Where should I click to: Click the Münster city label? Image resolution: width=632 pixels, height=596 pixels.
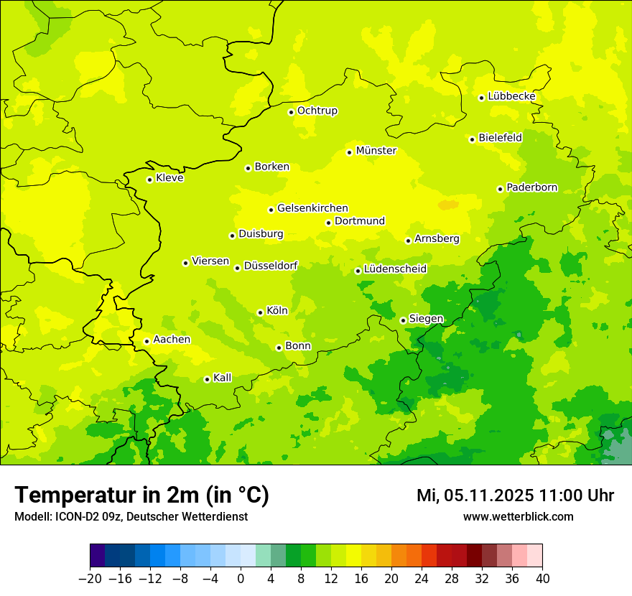[x=376, y=151]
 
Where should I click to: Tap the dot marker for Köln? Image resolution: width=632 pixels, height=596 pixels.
[x=260, y=312]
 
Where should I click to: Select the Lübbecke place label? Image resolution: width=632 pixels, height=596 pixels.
[x=512, y=96]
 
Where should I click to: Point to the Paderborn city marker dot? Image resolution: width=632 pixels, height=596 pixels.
[x=501, y=189]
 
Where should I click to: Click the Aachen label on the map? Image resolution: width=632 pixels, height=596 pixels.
[x=172, y=339]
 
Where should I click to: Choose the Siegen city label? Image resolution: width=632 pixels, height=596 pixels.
[x=427, y=319]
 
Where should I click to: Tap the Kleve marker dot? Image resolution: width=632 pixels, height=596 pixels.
[x=149, y=180]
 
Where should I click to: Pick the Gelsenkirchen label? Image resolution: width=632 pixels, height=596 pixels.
[x=312, y=208]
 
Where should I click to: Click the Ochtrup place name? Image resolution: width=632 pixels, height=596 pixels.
[x=317, y=111]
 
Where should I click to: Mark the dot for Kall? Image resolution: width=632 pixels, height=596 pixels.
[x=207, y=379]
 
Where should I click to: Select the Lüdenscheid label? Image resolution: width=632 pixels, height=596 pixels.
[x=396, y=269]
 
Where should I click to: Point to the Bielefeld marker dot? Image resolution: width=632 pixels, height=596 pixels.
[x=473, y=139]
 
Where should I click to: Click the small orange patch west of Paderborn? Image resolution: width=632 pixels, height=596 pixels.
[x=448, y=205]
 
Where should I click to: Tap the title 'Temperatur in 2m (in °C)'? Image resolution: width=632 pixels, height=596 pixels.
[x=141, y=495]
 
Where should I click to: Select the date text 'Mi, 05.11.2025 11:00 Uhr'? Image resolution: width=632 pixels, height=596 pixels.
[x=515, y=495]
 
